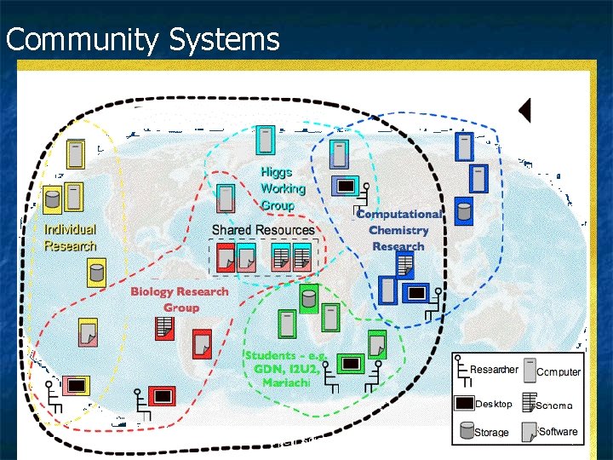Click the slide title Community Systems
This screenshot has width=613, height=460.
point(142,40)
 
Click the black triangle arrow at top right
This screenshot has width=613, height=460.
point(525,110)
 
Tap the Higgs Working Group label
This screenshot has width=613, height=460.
point(278,188)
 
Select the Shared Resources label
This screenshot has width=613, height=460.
point(262,230)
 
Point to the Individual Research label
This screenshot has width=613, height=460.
point(70,238)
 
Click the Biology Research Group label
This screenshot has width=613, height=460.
point(180,299)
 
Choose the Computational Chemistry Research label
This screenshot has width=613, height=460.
point(398,230)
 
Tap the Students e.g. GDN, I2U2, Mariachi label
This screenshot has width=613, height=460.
point(284,368)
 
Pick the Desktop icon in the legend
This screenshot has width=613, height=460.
point(464,403)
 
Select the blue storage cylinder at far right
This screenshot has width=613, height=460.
point(464,211)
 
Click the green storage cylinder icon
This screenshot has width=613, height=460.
point(307,299)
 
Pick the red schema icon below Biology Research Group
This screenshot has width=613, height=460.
point(165,326)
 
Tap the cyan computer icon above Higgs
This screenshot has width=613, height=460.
point(266,141)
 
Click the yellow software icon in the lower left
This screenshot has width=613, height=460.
point(88,333)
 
